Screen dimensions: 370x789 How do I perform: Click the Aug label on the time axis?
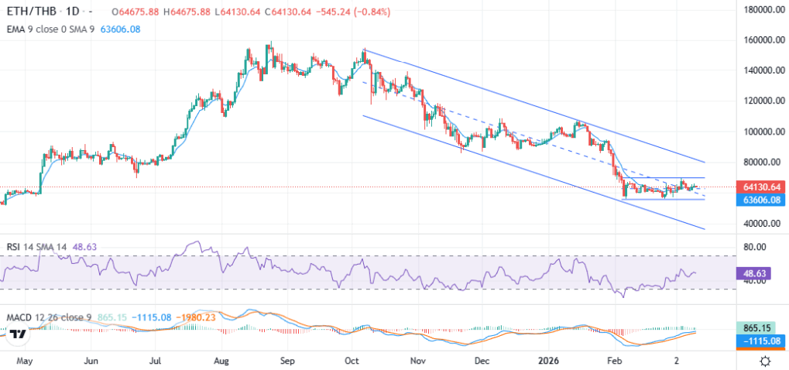[222, 361]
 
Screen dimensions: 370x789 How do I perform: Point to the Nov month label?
[418, 361]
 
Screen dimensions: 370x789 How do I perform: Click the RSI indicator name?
[14, 247]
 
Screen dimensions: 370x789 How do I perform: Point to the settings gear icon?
[765, 361]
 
